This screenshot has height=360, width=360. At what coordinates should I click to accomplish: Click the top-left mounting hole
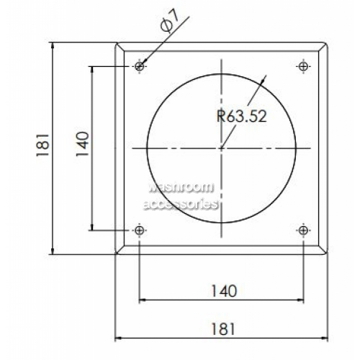[x=139, y=66]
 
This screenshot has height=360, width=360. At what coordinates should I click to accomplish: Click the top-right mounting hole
[x=303, y=66]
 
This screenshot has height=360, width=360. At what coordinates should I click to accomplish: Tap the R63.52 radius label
[x=241, y=115]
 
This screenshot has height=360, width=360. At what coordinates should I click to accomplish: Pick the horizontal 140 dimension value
[x=222, y=291]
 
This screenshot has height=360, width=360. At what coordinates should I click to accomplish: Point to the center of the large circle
[x=222, y=148]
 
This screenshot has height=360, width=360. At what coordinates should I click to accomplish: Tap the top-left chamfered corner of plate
[x=120, y=48]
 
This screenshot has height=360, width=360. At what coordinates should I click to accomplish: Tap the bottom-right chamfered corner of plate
[x=324, y=250]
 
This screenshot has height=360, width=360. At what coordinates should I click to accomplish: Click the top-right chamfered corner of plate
[x=324, y=48]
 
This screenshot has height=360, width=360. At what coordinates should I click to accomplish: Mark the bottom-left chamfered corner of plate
[x=120, y=250]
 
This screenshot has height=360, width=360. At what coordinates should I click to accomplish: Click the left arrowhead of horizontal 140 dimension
[x=143, y=300]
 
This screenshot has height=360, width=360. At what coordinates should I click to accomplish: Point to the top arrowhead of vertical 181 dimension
[x=53, y=47]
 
